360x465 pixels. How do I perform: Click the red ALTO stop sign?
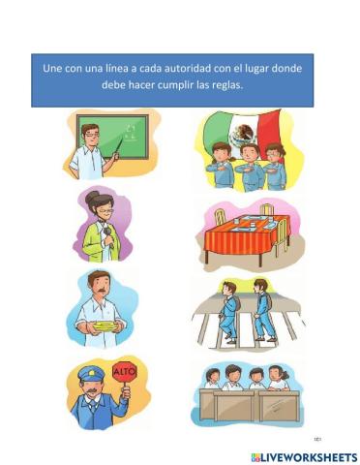(124, 372)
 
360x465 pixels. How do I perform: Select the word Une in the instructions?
(53, 69)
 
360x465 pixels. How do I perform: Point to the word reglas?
(223, 85)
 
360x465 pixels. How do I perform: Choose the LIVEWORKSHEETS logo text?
(303, 456)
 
